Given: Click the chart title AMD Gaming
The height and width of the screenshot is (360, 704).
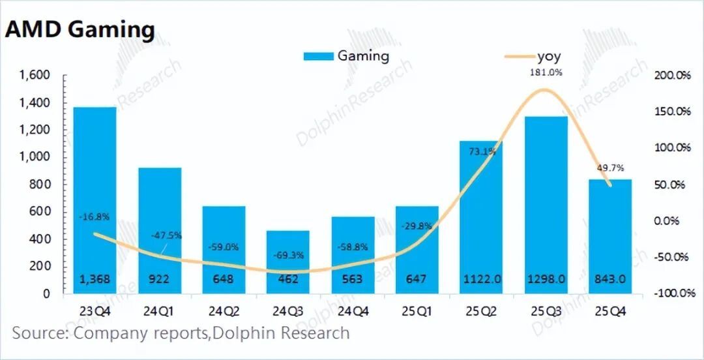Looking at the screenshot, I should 80,30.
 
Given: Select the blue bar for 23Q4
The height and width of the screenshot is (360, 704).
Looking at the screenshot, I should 95,196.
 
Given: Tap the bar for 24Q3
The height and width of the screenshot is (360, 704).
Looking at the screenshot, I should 288,261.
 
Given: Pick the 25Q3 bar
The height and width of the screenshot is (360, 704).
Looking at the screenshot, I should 546,202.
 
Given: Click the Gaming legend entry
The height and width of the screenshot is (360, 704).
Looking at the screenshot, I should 346,56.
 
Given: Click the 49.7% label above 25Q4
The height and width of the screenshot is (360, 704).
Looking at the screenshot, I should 611,168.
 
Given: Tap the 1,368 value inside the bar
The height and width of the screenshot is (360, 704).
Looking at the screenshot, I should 95,279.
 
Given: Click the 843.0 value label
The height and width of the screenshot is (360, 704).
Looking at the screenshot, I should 611,279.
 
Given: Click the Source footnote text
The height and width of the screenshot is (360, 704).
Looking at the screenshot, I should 181,333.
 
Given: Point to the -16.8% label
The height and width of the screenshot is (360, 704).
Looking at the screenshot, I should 95,217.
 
